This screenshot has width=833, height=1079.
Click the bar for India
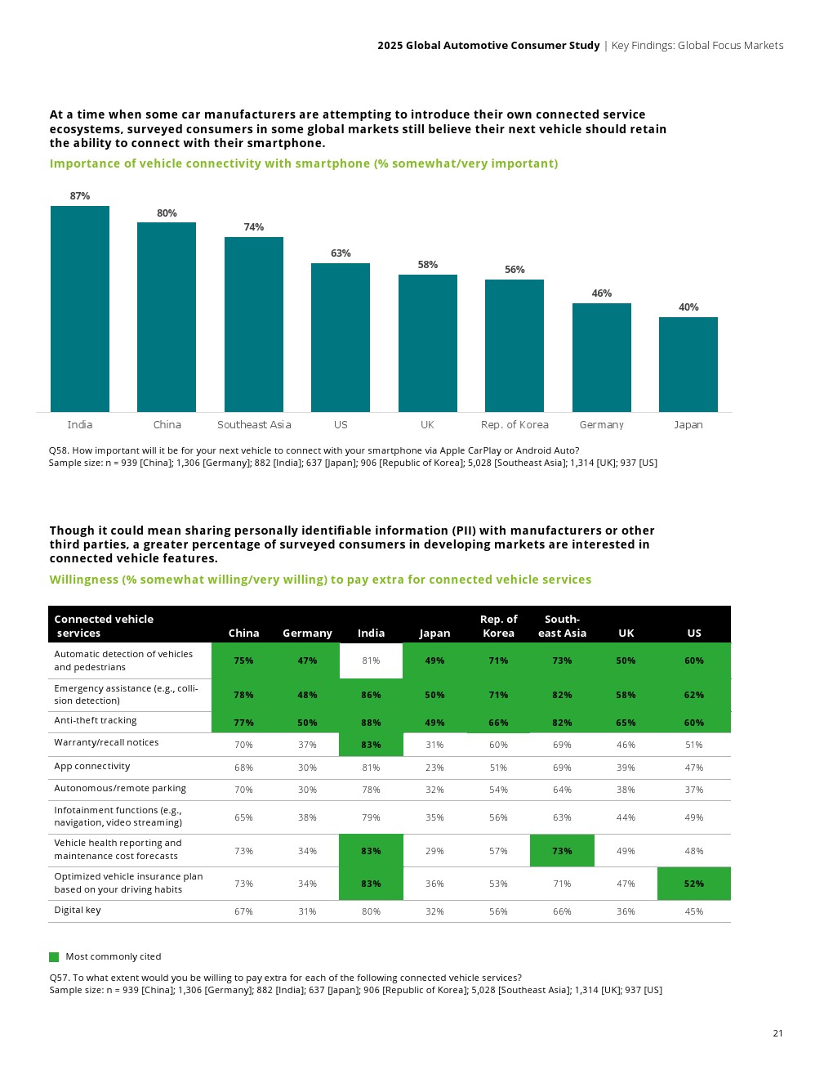pos(80,309)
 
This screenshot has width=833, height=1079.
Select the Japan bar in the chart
pos(688,365)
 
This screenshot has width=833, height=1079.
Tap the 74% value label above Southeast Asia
pos(254,227)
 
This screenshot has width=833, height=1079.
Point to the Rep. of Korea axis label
pos(514,425)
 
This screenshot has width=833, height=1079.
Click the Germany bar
pos(602,357)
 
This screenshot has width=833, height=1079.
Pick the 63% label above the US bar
pos(341,253)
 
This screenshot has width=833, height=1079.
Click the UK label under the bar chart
pos(427,425)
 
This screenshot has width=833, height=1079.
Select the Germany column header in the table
pos(307,634)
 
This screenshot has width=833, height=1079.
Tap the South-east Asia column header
pos(562,626)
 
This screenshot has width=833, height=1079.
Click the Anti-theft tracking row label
pos(96,721)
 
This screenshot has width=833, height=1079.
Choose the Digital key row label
pos(78,911)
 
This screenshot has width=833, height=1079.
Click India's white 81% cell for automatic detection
pos(371,660)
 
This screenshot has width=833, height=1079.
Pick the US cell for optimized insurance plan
pos(694,884)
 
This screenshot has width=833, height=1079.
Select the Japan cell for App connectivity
pos(434,768)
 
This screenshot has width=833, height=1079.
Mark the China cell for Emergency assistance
pos(243,695)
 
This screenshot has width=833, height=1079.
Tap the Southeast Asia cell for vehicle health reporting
pos(562,851)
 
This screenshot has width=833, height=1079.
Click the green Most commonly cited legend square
pos(54,957)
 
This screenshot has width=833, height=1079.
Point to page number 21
pos(777,1033)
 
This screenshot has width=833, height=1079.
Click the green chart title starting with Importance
pos(304,163)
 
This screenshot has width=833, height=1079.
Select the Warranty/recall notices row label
pos(106,743)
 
